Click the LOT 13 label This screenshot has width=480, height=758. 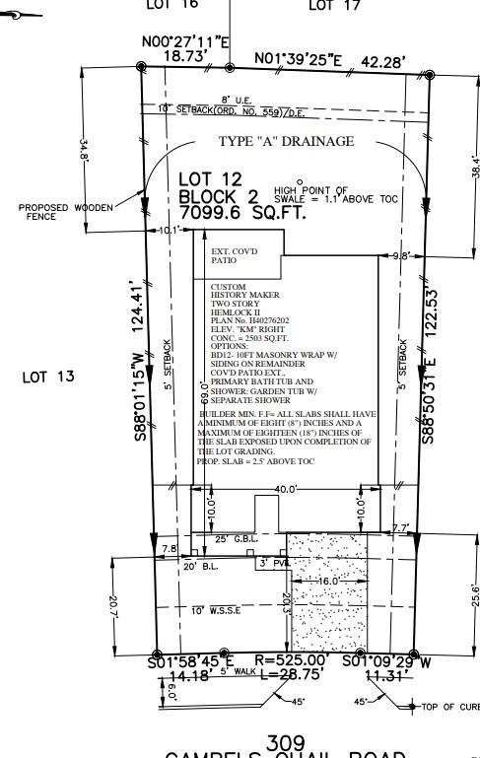point(47,377)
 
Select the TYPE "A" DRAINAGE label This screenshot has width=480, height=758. point(287,142)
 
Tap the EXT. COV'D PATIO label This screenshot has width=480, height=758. point(234,256)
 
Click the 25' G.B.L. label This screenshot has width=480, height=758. point(238,538)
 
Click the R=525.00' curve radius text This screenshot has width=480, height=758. point(290,660)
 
